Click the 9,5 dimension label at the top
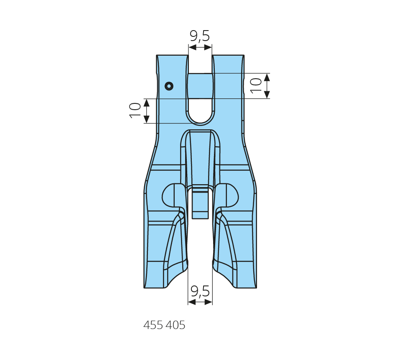click(x=200, y=36)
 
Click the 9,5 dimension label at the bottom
click(x=200, y=291)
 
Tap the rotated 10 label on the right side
click(x=256, y=85)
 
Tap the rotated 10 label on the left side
click(x=135, y=111)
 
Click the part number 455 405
click(x=164, y=325)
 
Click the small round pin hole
click(x=169, y=86)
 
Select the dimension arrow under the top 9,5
click(x=200, y=47)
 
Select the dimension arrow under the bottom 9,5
click(x=200, y=302)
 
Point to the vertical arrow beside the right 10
click(x=267, y=86)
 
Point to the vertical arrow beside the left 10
click(x=147, y=111)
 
